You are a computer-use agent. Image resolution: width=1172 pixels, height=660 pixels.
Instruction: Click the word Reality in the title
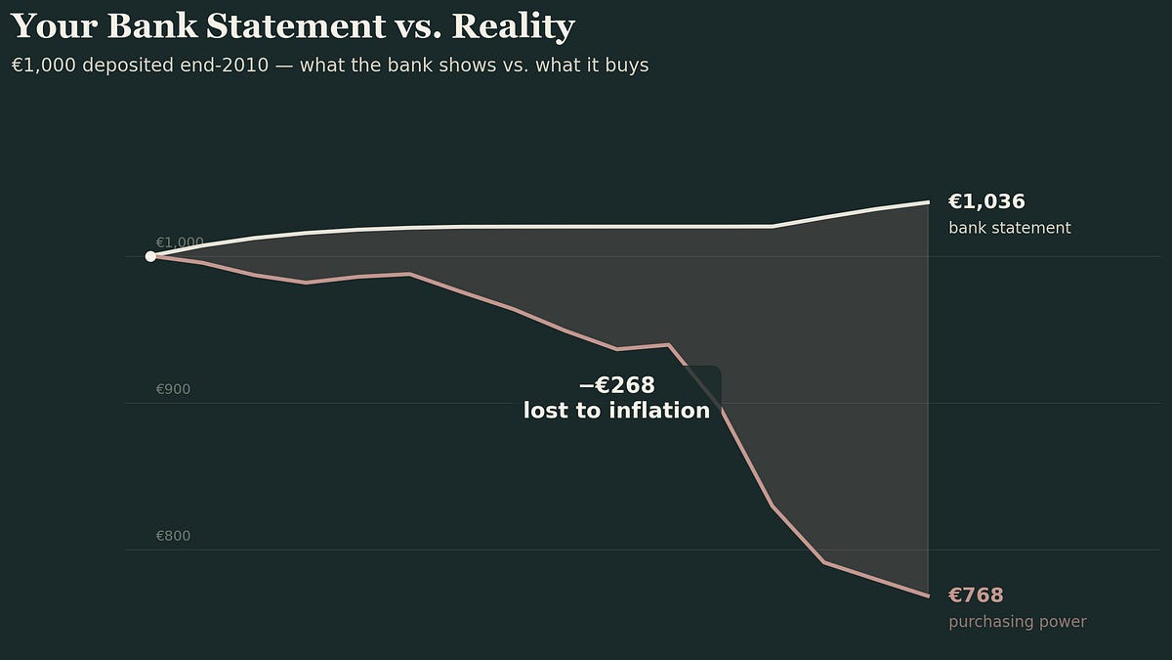513,26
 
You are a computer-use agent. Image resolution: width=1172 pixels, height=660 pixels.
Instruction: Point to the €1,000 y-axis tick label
180,242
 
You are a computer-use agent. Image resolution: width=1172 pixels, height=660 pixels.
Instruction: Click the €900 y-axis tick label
173,389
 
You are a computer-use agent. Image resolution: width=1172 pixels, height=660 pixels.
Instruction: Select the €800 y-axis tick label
173,536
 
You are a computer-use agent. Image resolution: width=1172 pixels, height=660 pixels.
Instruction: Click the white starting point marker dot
150,256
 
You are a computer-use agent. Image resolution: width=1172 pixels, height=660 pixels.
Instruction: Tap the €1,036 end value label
986,202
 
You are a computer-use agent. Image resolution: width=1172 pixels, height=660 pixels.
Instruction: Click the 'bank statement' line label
1009,228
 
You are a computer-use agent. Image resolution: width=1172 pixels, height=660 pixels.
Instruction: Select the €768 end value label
976,595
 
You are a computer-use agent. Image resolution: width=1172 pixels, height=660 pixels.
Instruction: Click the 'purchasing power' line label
1017,622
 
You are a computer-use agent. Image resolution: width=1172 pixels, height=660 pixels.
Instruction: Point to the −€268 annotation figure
616,385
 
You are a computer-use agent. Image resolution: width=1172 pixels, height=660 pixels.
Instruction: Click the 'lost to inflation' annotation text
616,411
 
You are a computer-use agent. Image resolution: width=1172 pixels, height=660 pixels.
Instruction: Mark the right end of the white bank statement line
928,202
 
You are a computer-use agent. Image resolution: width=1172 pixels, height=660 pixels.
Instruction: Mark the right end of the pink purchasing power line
928,595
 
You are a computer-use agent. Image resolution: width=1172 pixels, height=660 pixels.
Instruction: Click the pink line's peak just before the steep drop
668,344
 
